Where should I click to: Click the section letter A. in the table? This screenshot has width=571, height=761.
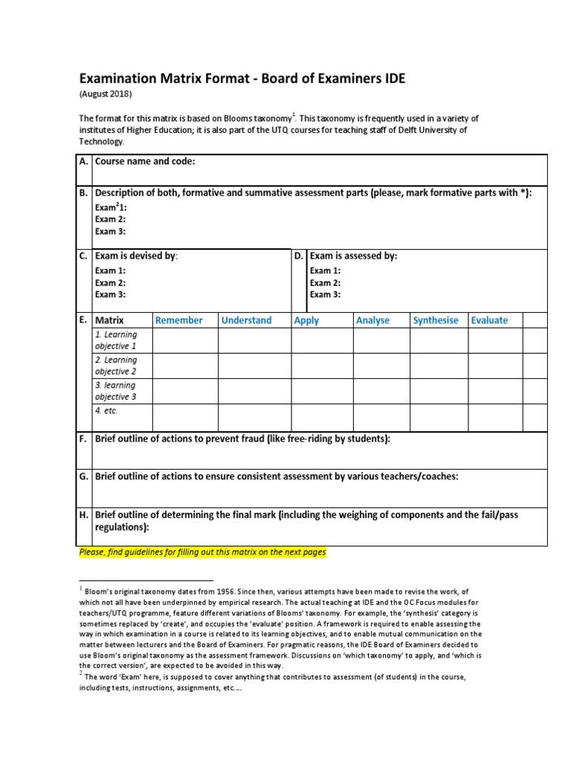(x=83, y=161)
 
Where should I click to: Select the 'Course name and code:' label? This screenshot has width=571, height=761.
(x=145, y=161)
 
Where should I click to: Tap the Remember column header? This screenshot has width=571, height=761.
(x=178, y=320)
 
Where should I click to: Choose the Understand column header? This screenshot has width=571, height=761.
(x=246, y=320)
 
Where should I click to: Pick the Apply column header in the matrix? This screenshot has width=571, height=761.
(x=306, y=320)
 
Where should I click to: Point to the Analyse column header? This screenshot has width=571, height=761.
(x=372, y=320)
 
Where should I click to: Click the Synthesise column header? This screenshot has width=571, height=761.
(x=436, y=320)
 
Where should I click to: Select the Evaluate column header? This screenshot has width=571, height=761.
(x=489, y=320)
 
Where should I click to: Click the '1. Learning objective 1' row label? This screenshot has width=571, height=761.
(x=116, y=340)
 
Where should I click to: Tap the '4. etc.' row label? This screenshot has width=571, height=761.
(x=106, y=410)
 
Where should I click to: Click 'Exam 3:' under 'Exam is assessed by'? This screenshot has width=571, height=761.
(x=325, y=294)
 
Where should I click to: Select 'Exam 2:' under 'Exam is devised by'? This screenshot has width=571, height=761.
(x=110, y=282)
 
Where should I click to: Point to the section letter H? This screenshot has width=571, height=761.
(x=83, y=514)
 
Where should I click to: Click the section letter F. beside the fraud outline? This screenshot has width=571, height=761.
(x=83, y=439)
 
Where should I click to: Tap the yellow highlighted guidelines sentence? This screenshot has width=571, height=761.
(x=202, y=553)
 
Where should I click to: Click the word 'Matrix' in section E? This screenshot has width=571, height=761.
(x=109, y=320)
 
